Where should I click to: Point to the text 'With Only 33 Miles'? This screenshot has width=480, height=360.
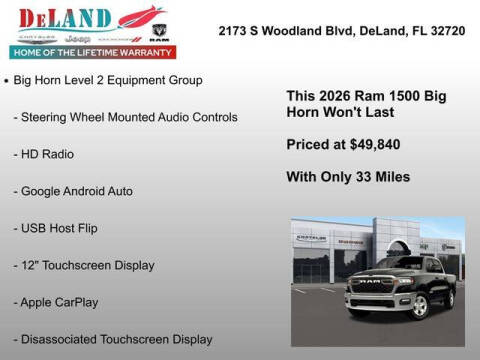[348, 177]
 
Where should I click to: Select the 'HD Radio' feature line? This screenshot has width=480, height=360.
[47, 154]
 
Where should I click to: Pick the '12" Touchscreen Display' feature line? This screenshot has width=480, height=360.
[87, 265]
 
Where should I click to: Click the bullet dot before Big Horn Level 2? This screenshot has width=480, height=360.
[8, 79]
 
